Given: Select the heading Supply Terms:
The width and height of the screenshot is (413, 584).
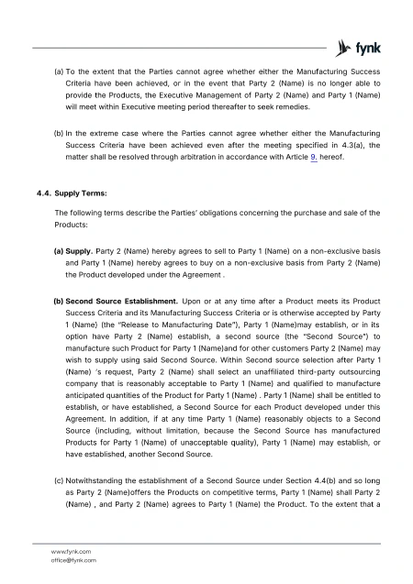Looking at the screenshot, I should (81, 193).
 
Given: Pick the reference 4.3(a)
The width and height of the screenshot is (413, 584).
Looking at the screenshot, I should (348, 156).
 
